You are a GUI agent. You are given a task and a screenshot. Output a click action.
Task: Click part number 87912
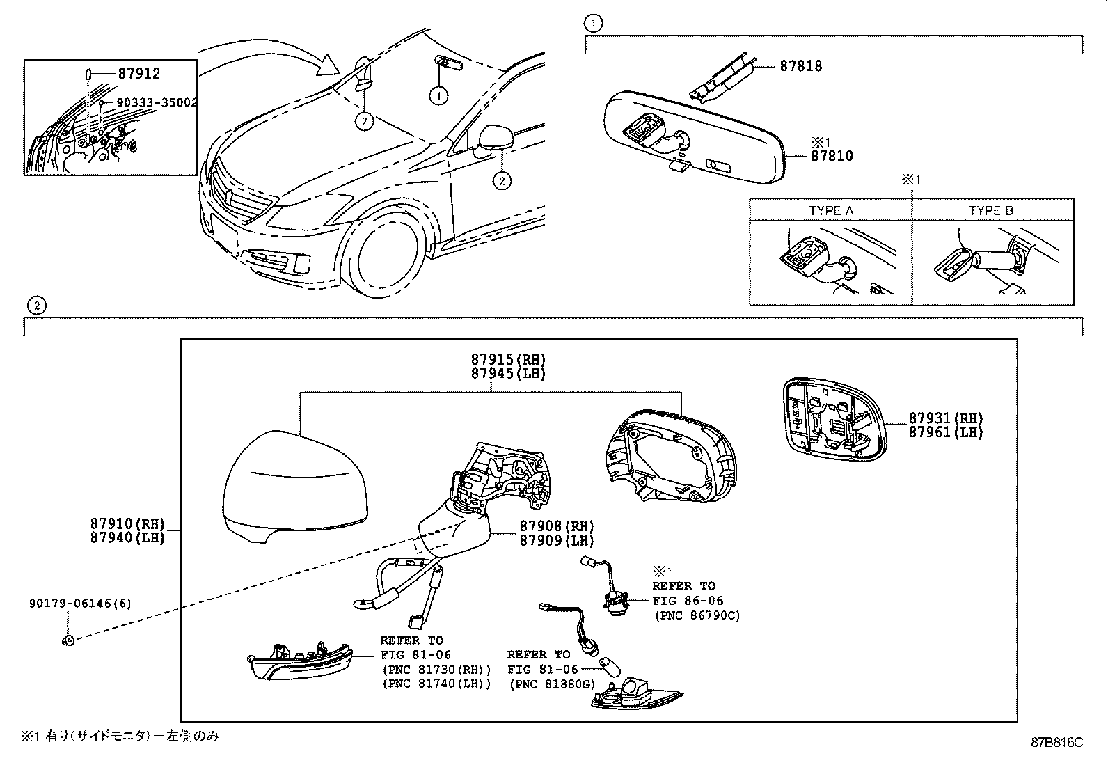(139, 74)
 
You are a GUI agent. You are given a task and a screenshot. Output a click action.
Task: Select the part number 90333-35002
(156, 102)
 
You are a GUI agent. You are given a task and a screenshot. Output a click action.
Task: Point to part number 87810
(831, 157)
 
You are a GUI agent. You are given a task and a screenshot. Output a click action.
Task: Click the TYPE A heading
(831, 210)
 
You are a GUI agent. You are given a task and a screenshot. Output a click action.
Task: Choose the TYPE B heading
(991, 210)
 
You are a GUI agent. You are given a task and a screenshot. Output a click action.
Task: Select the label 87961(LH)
(945, 432)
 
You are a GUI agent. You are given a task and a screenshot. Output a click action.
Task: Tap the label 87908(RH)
(557, 526)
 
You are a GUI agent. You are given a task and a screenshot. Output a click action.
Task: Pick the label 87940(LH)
(127, 538)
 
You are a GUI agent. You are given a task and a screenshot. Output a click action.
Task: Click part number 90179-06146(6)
(80, 604)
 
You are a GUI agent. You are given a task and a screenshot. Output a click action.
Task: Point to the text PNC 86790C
(697, 615)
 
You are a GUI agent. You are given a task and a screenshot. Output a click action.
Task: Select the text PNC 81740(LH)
(436, 684)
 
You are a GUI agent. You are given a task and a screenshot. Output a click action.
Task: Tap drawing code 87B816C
(1057, 742)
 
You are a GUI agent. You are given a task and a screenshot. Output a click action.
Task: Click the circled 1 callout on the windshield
(438, 96)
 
